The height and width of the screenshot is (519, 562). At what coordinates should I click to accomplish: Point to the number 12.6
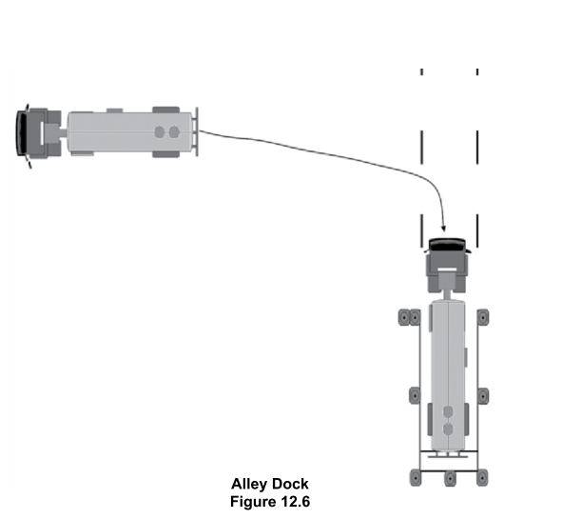pyautogui.click(x=294, y=502)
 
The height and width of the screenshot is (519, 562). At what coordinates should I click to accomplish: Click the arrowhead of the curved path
pyautogui.click(x=444, y=228)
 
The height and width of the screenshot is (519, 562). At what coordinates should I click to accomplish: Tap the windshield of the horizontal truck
pyautogui.click(x=22, y=132)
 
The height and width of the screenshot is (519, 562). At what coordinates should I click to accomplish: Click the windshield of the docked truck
pyautogui.click(x=447, y=245)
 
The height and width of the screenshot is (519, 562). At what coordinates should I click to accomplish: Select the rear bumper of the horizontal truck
pyautogui.click(x=196, y=131)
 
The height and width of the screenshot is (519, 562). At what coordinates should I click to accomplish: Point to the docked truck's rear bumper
pyautogui.click(x=448, y=456)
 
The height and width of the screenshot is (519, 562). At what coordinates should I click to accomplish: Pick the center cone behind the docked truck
pyautogui.click(x=450, y=478)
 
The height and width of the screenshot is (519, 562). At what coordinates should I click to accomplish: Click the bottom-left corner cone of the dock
pyautogui.click(x=416, y=478)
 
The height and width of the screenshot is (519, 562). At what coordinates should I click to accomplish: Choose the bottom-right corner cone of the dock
pyautogui.click(x=482, y=478)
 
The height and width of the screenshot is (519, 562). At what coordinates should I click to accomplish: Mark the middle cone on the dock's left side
pyautogui.click(x=415, y=395)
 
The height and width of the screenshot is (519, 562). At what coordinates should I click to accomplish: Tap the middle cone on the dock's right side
pyautogui.click(x=483, y=396)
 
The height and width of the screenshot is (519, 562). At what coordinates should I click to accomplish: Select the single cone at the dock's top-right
pyautogui.click(x=483, y=317)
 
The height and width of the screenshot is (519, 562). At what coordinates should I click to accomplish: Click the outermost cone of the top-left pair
pyautogui.click(x=404, y=317)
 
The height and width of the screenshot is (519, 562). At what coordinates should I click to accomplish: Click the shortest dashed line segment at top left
pyautogui.click(x=422, y=71)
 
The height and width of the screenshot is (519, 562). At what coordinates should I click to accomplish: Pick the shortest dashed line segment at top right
pyautogui.click(x=477, y=71)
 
